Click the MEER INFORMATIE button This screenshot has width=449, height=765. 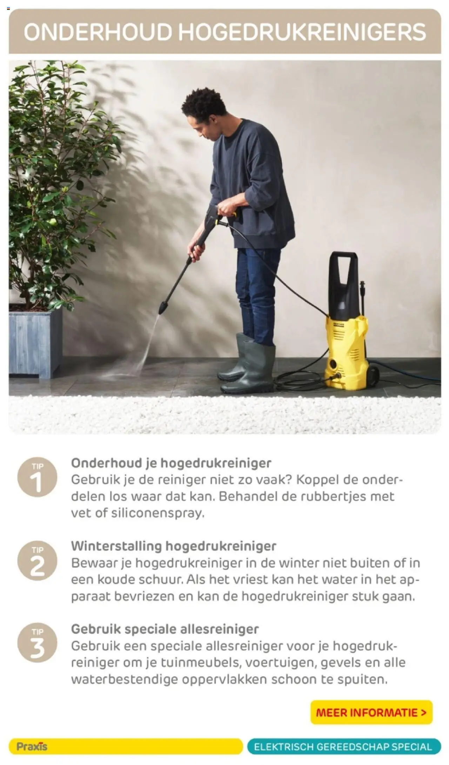coord(371,712)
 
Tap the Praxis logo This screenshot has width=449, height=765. coord(32,746)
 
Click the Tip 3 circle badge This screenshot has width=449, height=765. coord(37,643)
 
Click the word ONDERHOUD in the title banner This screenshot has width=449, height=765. coord(98,32)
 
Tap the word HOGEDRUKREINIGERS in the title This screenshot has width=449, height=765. coord(302,32)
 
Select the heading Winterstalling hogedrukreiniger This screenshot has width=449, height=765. coord(174,546)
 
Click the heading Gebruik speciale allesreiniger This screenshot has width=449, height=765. coord(165,629)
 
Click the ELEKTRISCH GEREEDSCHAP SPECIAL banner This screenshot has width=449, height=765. coord(344,746)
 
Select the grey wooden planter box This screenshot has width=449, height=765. coord(35,343)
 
